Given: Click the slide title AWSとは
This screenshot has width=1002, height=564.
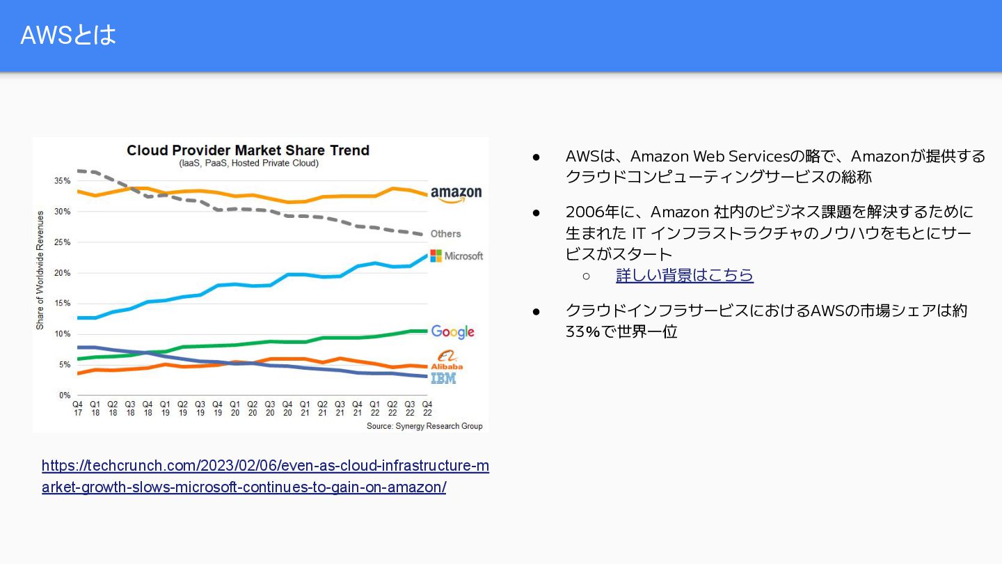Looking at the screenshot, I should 68,35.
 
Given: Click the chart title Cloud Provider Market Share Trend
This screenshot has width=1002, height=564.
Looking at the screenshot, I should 248,150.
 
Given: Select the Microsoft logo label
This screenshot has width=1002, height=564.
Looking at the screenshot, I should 456,256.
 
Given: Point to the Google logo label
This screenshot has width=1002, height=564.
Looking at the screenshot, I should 452,331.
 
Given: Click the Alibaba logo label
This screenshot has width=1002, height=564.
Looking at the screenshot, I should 447,359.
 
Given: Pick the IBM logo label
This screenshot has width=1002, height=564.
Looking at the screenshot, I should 443,378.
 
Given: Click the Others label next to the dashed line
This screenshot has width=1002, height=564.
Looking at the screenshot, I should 445,233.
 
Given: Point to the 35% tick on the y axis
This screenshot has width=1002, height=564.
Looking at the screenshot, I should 62,181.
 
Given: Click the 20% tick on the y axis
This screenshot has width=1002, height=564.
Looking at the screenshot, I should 62,273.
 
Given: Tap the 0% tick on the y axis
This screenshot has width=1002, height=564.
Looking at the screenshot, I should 65,395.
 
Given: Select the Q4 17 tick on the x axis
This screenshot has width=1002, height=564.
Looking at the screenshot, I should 77,409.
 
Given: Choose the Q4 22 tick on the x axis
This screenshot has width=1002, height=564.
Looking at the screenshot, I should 427,409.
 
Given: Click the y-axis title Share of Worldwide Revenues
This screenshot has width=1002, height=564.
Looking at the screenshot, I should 40,270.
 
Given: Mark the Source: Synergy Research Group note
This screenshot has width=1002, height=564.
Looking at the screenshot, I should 424,426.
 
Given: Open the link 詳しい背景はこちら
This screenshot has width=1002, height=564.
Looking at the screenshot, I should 685,275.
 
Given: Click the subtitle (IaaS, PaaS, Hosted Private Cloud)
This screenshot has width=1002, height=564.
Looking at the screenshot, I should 248,164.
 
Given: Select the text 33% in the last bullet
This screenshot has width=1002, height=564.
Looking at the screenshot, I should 583,331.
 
